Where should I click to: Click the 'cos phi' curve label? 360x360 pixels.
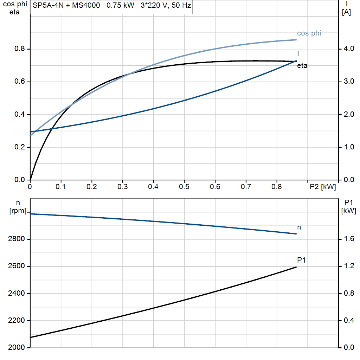[309, 33]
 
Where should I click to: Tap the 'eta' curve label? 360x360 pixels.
[302, 65]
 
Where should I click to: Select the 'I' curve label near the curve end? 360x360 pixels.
[298, 54]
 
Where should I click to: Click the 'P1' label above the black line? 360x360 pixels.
[301, 260]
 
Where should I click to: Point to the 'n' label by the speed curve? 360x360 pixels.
[299, 227]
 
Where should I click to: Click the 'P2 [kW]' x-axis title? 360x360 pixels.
[322, 187]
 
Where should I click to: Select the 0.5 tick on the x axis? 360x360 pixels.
[184, 187]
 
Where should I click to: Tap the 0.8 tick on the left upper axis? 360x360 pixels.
[20, 49]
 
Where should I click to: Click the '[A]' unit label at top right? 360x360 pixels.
[346, 12]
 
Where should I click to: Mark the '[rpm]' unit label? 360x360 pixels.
[18, 211]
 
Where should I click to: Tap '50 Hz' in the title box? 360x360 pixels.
[181, 6]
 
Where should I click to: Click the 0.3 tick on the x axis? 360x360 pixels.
[122, 187]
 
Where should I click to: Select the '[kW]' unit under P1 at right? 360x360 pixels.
[349, 211]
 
